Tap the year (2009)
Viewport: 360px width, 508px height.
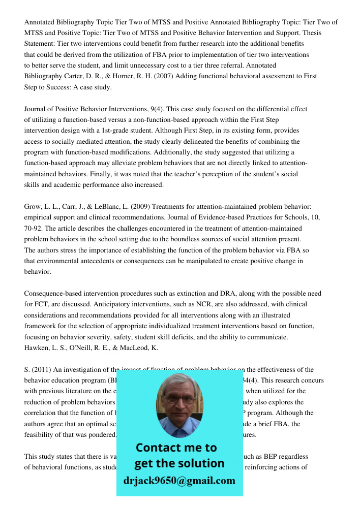pos(140,207)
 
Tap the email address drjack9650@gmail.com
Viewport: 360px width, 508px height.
pos(179,481)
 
